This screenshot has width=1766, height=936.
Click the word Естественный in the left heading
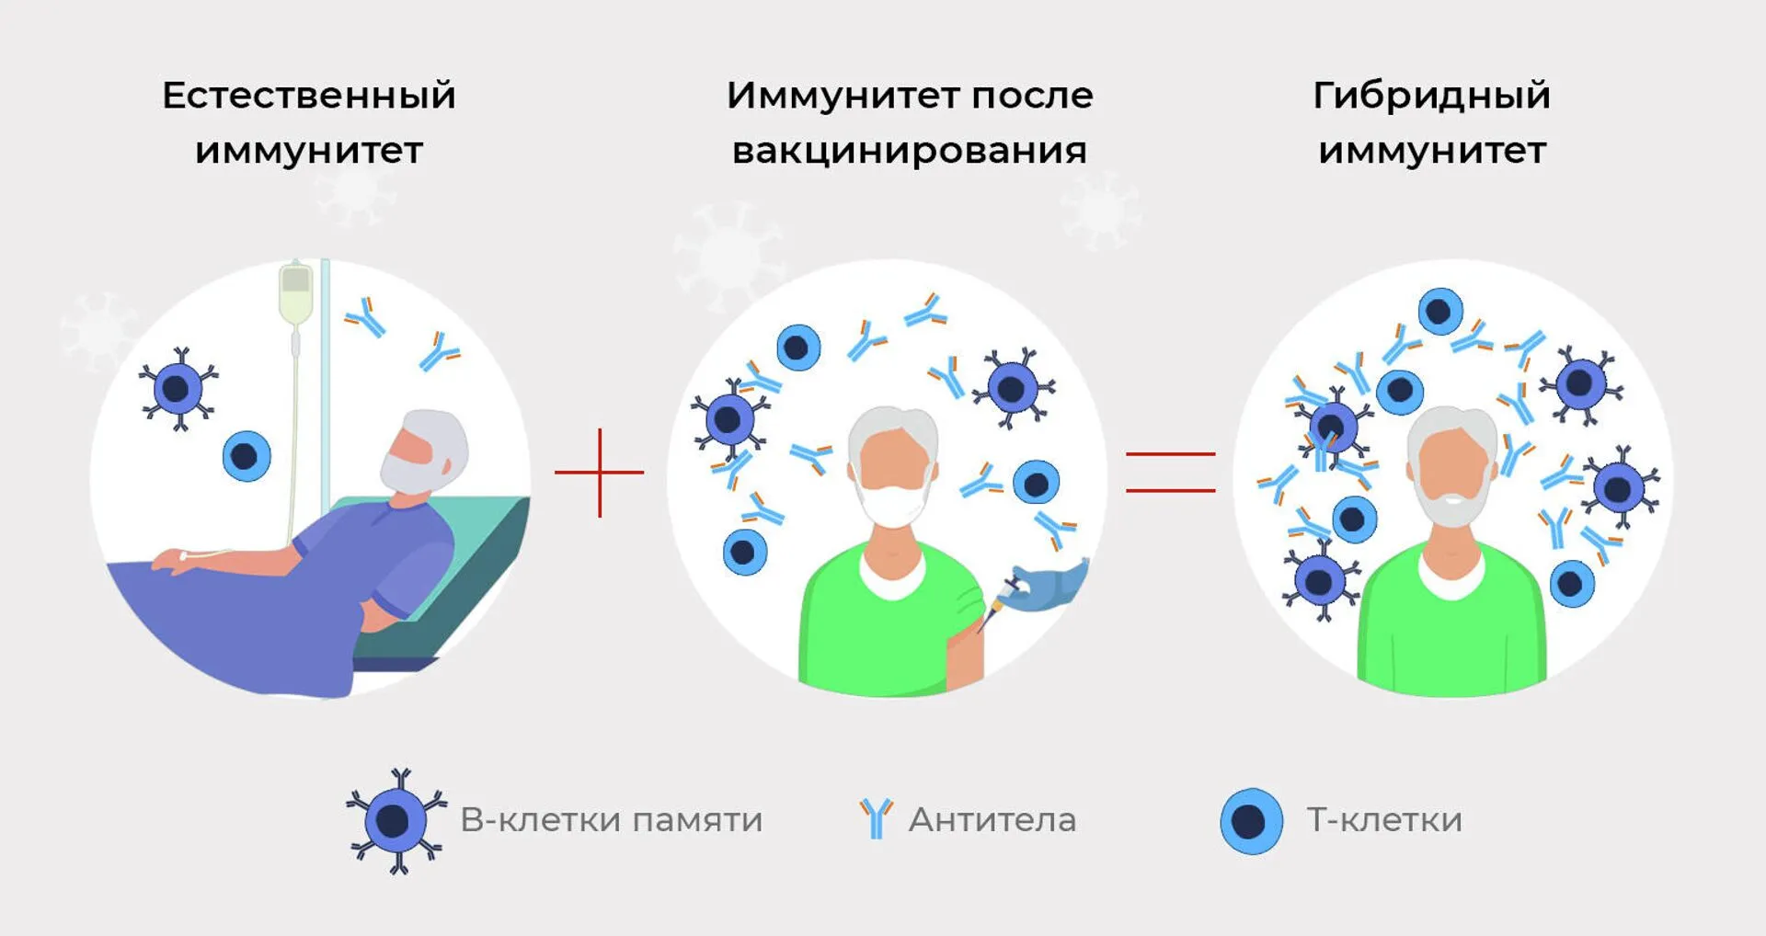pos(309,96)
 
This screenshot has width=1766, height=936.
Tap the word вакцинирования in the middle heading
pos(910,151)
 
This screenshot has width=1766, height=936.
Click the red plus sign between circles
pos(600,473)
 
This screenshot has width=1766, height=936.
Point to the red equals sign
pos(1171,473)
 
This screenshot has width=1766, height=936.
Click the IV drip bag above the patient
pos(295,292)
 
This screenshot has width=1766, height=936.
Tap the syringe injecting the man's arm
pos(1001,603)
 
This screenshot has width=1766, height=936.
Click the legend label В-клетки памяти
pos(612,819)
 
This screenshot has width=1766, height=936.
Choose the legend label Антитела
pos(992,819)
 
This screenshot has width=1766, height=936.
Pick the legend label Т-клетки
pos(1384,819)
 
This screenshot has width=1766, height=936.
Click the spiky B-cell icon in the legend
pos(396,821)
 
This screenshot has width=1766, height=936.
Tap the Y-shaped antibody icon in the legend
pos(877,818)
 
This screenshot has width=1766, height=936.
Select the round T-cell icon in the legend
pos(1252,821)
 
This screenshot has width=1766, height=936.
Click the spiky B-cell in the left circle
pos(178,389)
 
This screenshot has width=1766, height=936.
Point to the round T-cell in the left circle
pos(247,456)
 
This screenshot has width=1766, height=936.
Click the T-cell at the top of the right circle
pos(1440,312)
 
